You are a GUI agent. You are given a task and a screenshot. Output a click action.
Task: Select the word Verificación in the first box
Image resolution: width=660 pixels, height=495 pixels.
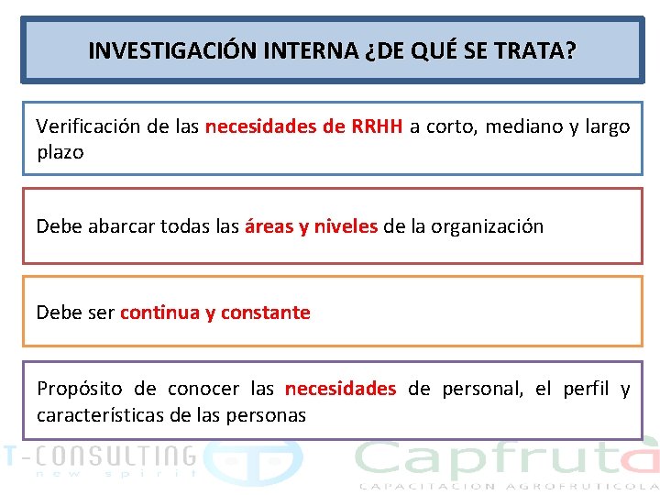[87, 126]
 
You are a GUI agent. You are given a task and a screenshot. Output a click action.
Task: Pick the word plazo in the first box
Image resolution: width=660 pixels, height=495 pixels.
[60, 152]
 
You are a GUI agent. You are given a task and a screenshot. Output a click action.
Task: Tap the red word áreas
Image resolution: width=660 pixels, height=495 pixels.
[269, 225]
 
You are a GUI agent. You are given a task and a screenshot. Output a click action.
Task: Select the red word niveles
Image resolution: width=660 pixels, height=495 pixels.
[346, 225]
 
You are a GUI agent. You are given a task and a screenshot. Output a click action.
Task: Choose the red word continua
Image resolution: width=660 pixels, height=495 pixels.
[159, 313]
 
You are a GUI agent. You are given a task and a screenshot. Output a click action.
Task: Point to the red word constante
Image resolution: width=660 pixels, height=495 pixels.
[265, 313]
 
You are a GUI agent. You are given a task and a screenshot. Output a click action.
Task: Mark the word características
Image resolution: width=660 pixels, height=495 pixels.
[101, 414]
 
